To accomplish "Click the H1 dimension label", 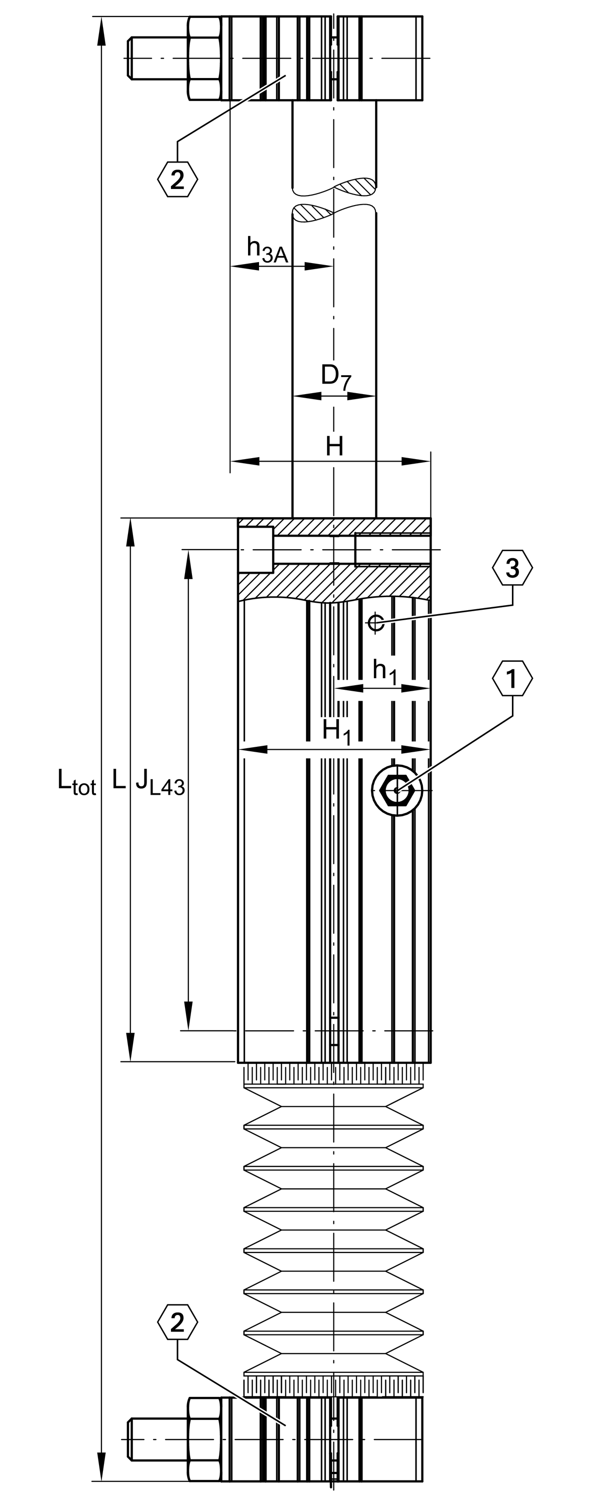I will [x=337, y=731].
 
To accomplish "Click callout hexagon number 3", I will [x=512, y=568].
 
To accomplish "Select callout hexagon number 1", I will [x=512, y=678].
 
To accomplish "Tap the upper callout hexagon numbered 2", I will [x=177, y=179].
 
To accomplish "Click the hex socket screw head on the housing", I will [x=397, y=790].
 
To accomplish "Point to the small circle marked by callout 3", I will [x=376, y=623].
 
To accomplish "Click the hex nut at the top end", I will [x=204, y=58].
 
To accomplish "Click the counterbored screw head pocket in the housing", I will [x=255, y=550].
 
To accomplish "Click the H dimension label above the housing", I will [x=334, y=447].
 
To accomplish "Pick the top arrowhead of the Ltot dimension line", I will [x=101, y=32].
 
